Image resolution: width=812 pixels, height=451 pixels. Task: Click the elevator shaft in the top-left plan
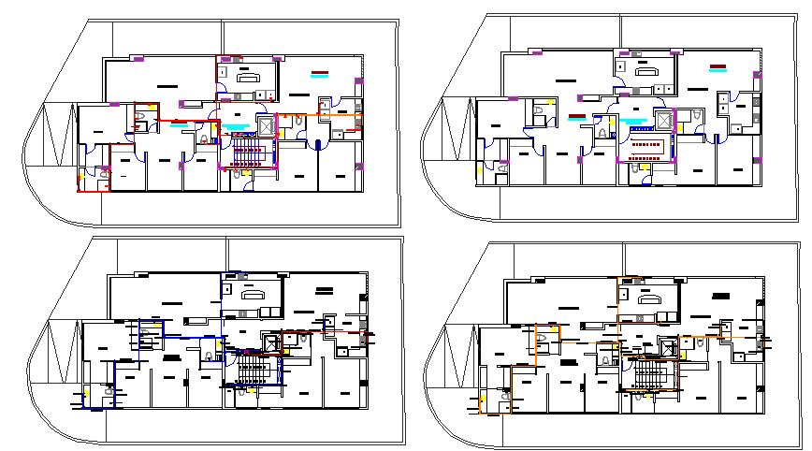(x=265, y=125)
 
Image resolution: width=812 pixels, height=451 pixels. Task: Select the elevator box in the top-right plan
(x=665, y=119)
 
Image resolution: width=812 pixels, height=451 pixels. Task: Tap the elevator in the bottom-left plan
(x=271, y=342)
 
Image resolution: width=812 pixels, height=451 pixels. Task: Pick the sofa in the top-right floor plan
(x=646, y=72)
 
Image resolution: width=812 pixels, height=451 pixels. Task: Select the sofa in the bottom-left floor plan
(x=253, y=295)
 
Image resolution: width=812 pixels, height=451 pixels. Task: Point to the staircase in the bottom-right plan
(x=653, y=373)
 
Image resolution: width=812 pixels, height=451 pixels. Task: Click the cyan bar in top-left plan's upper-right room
(x=321, y=78)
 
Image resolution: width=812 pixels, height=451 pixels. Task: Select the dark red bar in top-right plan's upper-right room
(x=718, y=66)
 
